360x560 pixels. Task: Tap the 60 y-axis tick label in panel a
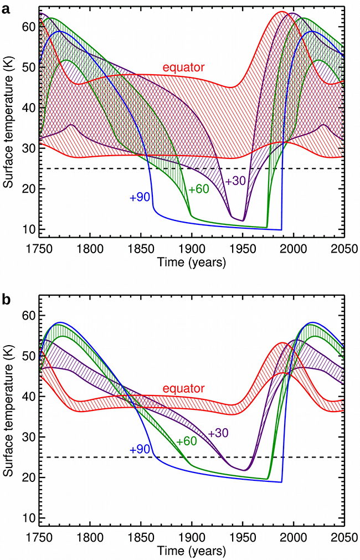(28, 26)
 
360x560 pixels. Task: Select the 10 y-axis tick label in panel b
(28, 518)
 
